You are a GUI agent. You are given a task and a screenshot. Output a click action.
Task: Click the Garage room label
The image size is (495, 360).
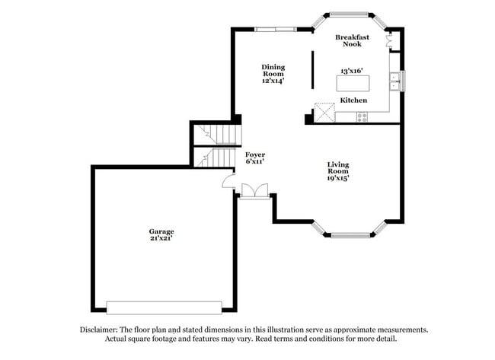point(161,231)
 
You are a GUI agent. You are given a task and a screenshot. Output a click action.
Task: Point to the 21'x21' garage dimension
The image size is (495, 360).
point(161,239)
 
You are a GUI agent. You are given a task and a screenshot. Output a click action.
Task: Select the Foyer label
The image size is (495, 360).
point(255,155)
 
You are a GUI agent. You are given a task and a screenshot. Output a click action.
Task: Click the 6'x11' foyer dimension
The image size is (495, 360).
point(255,162)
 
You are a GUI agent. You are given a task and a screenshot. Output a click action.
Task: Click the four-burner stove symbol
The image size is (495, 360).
point(362,116)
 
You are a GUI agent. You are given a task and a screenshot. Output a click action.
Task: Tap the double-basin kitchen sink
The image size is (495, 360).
point(395,78)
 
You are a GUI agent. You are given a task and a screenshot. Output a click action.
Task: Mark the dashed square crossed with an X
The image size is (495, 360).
point(325,113)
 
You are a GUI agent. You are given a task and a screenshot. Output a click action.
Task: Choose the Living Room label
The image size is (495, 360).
point(339,168)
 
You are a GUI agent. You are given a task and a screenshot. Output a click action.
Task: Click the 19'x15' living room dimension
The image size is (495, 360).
point(339,180)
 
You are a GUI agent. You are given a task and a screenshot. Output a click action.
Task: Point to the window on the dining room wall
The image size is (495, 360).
point(276,30)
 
